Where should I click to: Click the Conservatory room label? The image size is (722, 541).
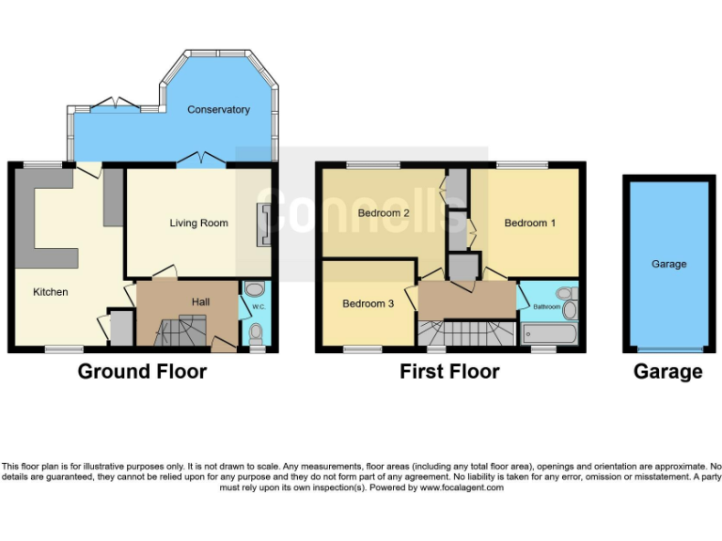[218, 110]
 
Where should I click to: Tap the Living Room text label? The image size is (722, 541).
[198, 224]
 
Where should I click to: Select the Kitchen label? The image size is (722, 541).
[51, 292]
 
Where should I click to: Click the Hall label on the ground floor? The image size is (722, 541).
[200, 301]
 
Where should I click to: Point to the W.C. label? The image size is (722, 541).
[256, 303]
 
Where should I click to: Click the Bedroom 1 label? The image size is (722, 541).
[530, 224]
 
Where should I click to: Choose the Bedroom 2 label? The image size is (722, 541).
[384, 213]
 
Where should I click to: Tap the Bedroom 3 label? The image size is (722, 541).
[368, 303]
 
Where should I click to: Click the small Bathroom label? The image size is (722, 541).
[547, 307]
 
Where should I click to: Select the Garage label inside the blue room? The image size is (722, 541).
[668, 265]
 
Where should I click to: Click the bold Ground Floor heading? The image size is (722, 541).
[142, 372]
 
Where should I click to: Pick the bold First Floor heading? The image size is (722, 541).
[449, 372]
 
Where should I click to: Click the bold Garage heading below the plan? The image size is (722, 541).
[667, 372]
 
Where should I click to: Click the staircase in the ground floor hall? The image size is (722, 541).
[180, 331]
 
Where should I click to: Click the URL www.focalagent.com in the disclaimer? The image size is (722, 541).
[462, 487]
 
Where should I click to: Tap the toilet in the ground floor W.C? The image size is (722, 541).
[256, 331]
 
